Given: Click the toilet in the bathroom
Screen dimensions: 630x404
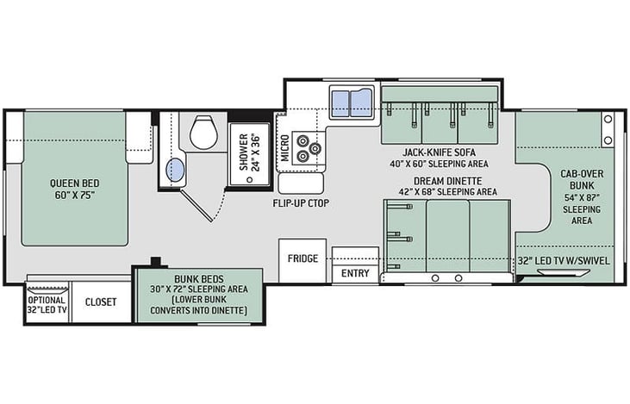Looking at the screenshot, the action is (x=203, y=132).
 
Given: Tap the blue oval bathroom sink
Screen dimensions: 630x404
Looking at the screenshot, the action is (x=176, y=170).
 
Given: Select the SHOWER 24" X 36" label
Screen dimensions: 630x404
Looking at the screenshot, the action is (x=250, y=152).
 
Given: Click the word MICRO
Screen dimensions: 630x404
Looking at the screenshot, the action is (x=285, y=148).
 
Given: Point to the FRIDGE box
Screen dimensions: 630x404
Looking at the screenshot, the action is (x=303, y=261).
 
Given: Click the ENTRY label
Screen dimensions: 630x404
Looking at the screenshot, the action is (x=355, y=273).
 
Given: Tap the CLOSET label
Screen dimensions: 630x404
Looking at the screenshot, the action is (x=101, y=302).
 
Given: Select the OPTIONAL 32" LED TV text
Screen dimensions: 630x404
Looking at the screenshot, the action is (x=47, y=305).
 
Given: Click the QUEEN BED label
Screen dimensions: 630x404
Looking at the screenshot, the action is (x=75, y=183).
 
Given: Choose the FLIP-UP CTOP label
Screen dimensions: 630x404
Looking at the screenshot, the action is (x=301, y=203).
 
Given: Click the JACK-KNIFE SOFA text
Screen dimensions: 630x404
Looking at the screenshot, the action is (x=440, y=152).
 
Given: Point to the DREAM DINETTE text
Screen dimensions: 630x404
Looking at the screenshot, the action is (x=448, y=181).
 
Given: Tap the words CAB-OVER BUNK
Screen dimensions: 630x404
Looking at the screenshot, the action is (x=582, y=179).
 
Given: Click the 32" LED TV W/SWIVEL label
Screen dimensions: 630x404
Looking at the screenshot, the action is (x=564, y=261).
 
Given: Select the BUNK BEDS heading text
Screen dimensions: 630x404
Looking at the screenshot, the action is (x=199, y=279).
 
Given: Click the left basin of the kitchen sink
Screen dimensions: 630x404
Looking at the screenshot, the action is (x=340, y=103).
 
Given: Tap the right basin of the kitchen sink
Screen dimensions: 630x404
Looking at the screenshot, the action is (x=362, y=103).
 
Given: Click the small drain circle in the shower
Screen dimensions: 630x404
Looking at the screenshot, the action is (x=250, y=179).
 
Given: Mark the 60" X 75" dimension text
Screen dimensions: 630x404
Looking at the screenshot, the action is (x=75, y=196).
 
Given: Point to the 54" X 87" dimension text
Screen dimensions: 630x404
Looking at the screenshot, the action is (x=582, y=197).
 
